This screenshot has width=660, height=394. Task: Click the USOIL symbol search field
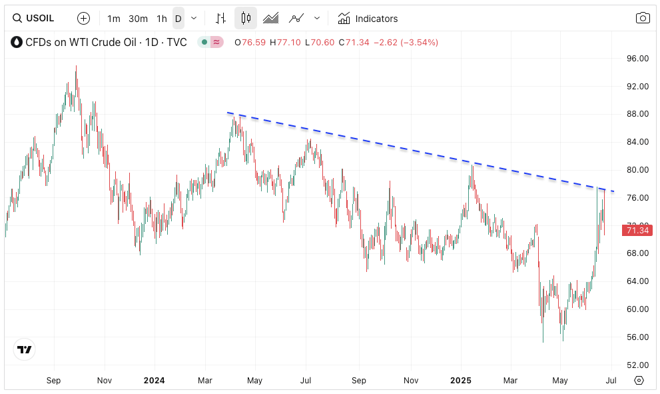(x=39, y=19)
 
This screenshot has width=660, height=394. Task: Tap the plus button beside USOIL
(x=83, y=19)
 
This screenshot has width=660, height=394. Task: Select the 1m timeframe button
(x=114, y=19)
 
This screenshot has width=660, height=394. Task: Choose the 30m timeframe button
(x=138, y=19)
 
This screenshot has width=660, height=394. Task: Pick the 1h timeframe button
(x=162, y=19)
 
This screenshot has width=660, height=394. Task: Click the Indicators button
(x=368, y=19)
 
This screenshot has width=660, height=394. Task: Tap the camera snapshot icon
(x=642, y=19)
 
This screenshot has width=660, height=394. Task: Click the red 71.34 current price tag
(x=637, y=231)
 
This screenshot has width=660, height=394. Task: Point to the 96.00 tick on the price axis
(x=638, y=59)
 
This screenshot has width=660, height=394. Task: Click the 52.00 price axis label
(x=638, y=365)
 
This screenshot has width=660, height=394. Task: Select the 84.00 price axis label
(x=638, y=142)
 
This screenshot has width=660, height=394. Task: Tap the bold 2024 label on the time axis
(x=154, y=381)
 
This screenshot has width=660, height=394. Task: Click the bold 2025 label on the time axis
(x=461, y=381)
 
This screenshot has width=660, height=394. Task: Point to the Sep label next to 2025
(x=359, y=381)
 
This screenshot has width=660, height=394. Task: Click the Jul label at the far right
(x=611, y=381)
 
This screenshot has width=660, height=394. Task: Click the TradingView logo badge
(x=25, y=349)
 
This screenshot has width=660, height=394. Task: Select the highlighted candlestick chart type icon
(x=246, y=19)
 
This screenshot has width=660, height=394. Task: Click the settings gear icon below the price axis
(x=639, y=381)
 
